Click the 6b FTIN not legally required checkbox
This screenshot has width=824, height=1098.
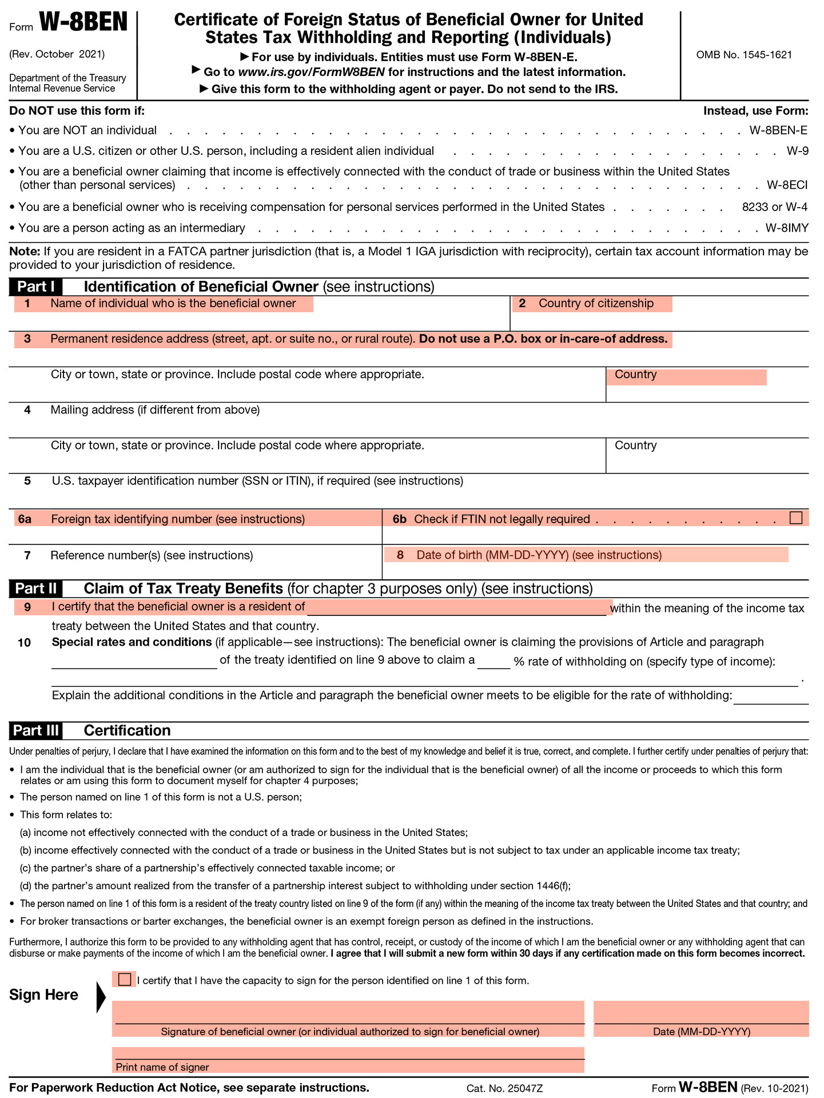coord(795,518)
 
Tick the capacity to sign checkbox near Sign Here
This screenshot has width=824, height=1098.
coord(124,979)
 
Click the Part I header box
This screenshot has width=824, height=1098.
coord(35,287)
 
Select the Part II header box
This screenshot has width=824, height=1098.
coord(35,588)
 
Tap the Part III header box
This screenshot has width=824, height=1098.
coord(35,730)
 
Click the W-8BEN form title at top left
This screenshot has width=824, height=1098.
coord(83,23)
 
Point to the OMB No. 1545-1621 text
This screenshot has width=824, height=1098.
coord(743,55)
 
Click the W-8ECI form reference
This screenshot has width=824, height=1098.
coord(787,185)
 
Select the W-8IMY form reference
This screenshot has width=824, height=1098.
coord(787,228)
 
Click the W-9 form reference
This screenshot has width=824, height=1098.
coord(797,151)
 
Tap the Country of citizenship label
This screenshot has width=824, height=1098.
coord(595,304)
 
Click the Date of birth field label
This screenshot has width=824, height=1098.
coord(539,555)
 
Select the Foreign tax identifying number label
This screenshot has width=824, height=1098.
coord(178,519)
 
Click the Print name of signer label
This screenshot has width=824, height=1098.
coord(162,1067)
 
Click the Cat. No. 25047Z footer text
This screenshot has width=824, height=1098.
coord(504,1088)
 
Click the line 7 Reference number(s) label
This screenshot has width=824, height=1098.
coord(152,555)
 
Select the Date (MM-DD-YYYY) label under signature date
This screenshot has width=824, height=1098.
coord(701,1031)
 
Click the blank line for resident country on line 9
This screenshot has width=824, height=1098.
coord(456,608)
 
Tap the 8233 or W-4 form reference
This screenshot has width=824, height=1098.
coord(774,207)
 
